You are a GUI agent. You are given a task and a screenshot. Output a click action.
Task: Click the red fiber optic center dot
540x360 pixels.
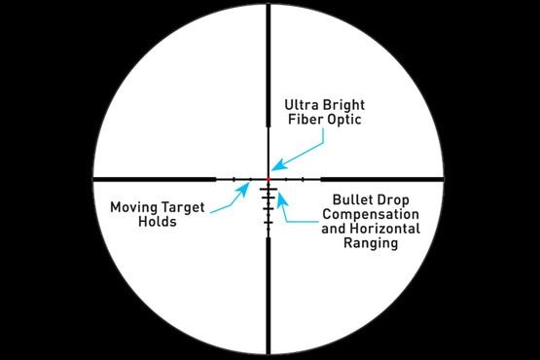pyautogui.click(x=270, y=179)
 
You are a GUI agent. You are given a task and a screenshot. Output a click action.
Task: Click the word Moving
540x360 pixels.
pyautogui.click(x=132, y=206)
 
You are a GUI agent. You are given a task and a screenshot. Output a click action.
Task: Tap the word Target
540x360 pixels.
pyautogui.click(x=178, y=206)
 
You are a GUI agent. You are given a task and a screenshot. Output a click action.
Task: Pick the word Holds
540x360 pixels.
pyautogui.click(x=156, y=222)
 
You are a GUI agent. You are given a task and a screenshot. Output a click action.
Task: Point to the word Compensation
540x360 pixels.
pyautogui.click(x=371, y=213)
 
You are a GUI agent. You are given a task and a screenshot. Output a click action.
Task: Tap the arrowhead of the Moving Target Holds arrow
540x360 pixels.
pyautogui.click(x=251, y=183)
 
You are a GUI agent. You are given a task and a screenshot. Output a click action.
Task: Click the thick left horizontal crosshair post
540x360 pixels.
pyautogui.click(x=156, y=179)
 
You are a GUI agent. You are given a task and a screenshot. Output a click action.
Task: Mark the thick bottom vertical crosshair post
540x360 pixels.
pyautogui.click(x=270, y=292)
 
